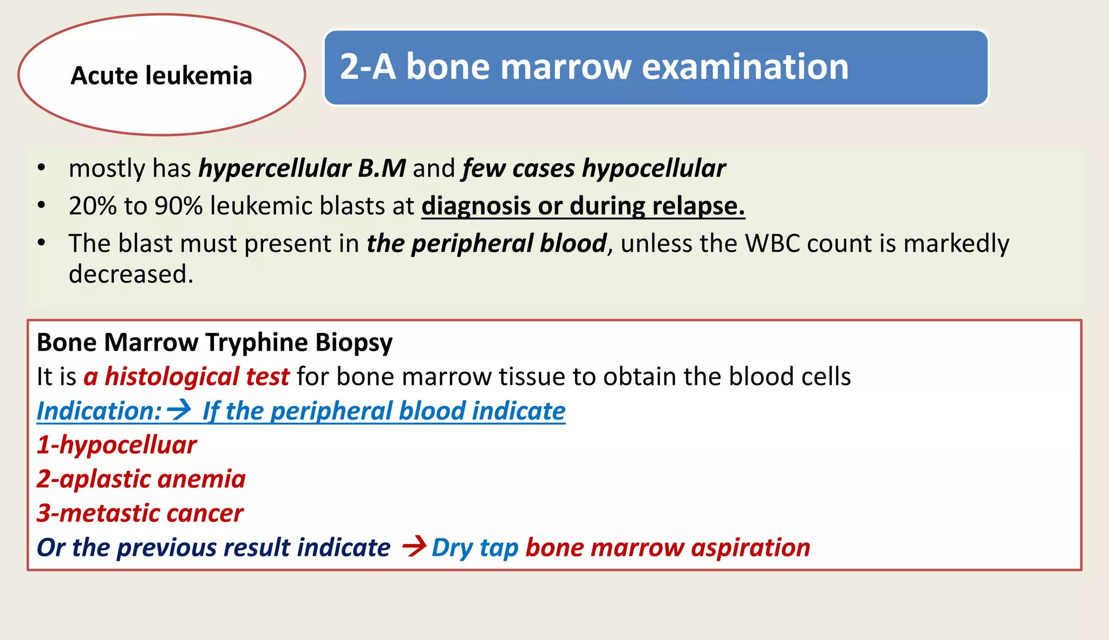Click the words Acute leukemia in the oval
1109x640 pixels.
click(161, 75)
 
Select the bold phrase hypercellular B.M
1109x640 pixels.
click(302, 168)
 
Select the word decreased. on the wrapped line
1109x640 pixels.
click(131, 274)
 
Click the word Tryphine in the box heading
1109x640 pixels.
click(257, 343)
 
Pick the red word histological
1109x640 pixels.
click(172, 377)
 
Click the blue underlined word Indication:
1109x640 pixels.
click(99, 411)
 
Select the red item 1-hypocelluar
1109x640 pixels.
click(116, 445)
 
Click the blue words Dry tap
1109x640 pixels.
click(475, 548)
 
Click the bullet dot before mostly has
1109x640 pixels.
click(41, 169)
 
